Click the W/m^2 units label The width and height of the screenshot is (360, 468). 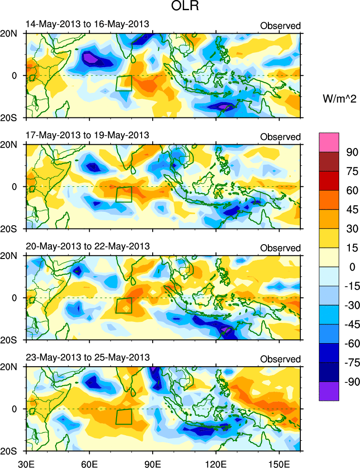(x=338, y=98)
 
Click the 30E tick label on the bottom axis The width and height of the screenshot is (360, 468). (x=25, y=463)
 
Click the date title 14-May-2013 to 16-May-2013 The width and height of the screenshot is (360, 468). (x=87, y=25)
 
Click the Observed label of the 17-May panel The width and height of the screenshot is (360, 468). (x=280, y=137)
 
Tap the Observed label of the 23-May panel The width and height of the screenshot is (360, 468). (x=280, y=359)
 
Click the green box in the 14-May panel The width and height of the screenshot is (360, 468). (x=124, y=83)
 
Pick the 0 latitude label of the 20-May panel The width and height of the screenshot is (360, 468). (x=14, y=298)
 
